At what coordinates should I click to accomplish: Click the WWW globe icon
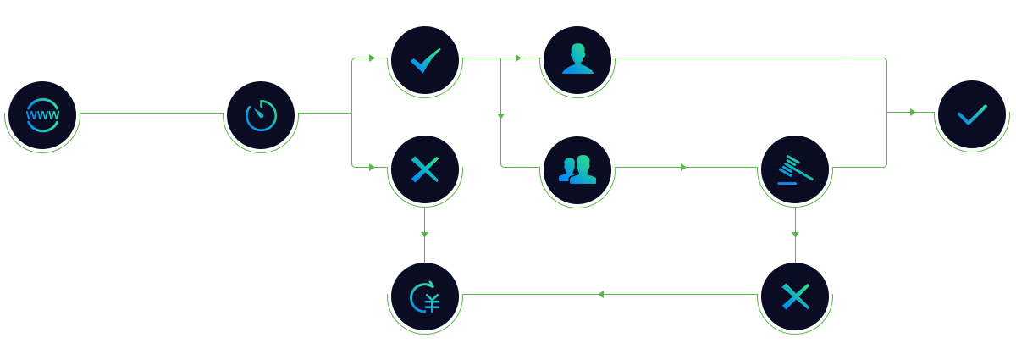pos(42,115)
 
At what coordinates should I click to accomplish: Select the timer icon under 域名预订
pos(261,115)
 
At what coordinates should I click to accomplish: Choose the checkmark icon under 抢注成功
pos(425,60)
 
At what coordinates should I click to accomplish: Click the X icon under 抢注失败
pos(425,169)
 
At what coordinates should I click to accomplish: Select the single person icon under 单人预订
pos(577,60)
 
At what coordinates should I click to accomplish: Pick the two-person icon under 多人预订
pos(577,169)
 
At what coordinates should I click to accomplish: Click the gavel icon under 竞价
pos(795,169)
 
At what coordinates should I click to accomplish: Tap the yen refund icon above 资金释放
pos(425,296)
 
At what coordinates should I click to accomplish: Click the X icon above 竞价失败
pos(795,296)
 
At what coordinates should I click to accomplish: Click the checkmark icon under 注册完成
pos(972,115)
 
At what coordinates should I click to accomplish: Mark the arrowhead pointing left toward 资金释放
pos(600,295)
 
